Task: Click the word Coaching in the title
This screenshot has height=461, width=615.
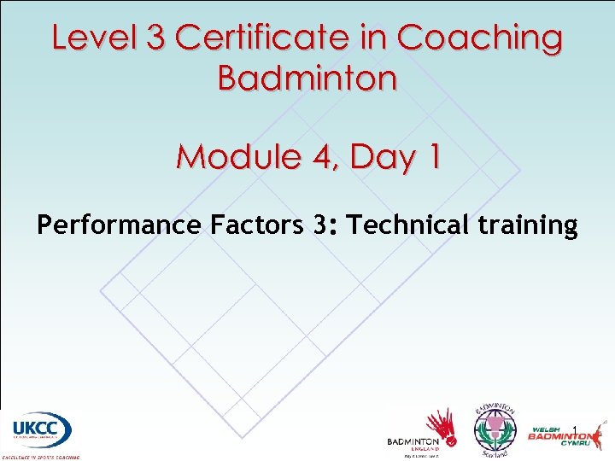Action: pyautogui.click(x=480, y=38)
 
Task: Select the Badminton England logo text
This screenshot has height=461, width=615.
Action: pyautogui.click(x=413, y=442)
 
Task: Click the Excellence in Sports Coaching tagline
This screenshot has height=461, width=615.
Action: pyautogui.click(x=40, y=457)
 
